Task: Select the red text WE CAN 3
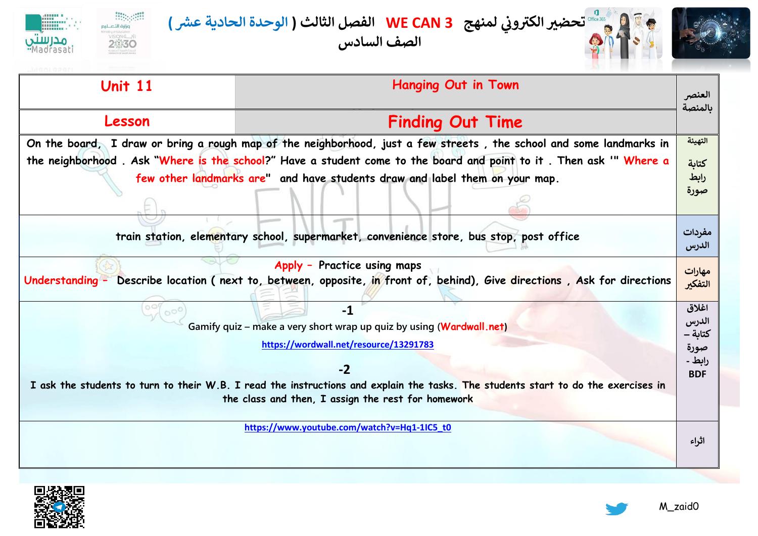click(419, 23)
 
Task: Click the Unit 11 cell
click(126, 86)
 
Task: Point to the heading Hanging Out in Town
click(455, 85)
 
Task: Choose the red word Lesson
click(127, 122)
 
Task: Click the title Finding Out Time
click(455, 122)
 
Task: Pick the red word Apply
click(289, 266)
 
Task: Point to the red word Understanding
click(61, 281)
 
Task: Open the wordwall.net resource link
click(348, 345)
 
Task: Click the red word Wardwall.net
click(472, 326)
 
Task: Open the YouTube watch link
click(348, 427)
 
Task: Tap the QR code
click(59, 507)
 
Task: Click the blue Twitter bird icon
click(617, 508)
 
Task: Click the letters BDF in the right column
click(697, 374)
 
